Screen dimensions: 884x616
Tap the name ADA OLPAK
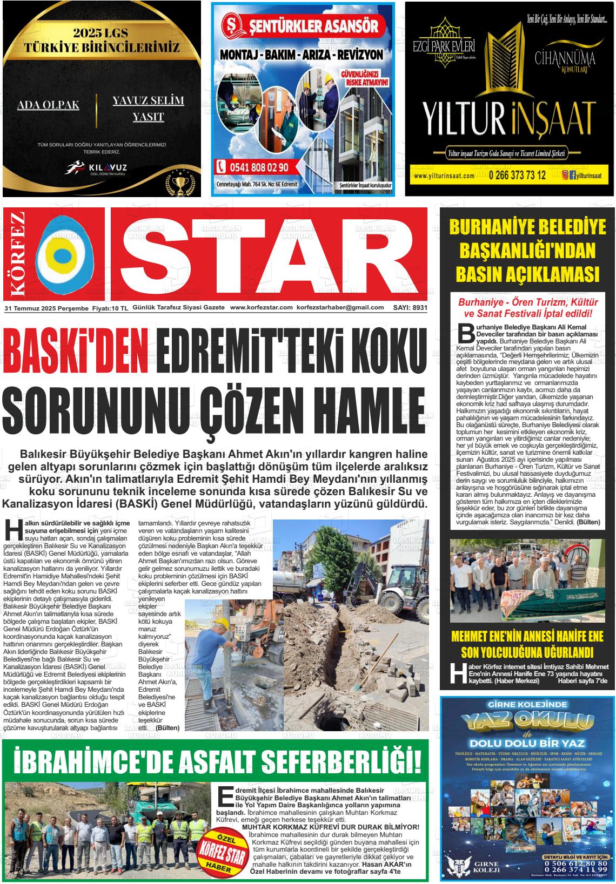coord(48,105)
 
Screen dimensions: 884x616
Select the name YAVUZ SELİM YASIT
coord(148,108)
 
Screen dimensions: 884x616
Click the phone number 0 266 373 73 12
coord(517,176)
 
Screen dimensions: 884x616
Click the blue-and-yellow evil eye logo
coord(64,254)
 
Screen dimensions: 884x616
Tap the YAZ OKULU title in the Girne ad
coord(527,721)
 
